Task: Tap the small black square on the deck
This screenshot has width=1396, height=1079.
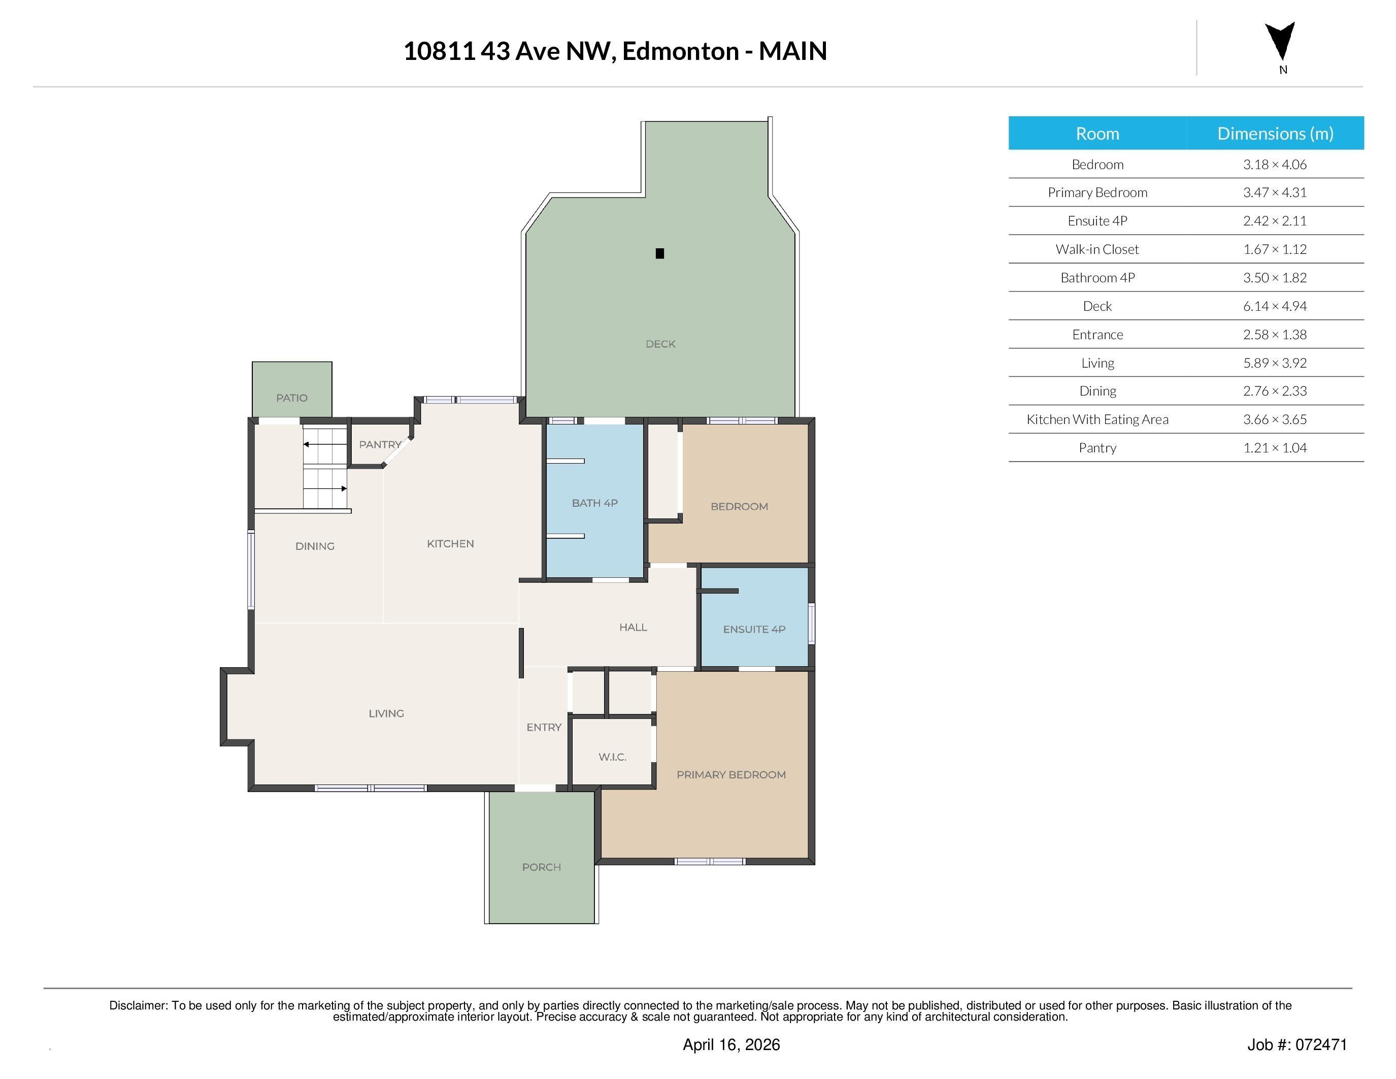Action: (x=659, y=253)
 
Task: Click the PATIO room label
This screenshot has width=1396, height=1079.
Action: (x=291, y=398)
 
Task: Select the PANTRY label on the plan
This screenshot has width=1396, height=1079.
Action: (x=380, y=444)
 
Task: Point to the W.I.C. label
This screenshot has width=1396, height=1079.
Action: (x=612, y=757)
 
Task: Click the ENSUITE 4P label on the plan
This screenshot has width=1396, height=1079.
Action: (x=754, y=629)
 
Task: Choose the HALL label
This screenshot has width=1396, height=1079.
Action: (x=633, y=627)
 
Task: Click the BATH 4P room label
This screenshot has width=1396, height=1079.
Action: (x=594, y=503)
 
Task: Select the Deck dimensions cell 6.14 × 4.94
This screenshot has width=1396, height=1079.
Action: (x=1274, y=306)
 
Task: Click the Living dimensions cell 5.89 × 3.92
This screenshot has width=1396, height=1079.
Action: (x=1274, y=363)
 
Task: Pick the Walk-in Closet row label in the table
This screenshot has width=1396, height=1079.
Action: (x=1097, y=249)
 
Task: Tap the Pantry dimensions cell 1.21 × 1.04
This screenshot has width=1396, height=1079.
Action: (x=1274, y=448)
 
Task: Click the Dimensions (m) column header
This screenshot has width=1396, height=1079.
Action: (x=1275, y=134)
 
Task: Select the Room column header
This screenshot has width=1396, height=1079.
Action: (x=1097, y=134)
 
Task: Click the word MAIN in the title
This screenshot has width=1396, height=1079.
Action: (x=792, y=51)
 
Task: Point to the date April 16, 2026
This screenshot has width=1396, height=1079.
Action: (x=730, y=1044)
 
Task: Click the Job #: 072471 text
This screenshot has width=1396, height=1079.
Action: (x=1297, y=1044)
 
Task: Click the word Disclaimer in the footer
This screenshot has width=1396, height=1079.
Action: (x=138, y=1005)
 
